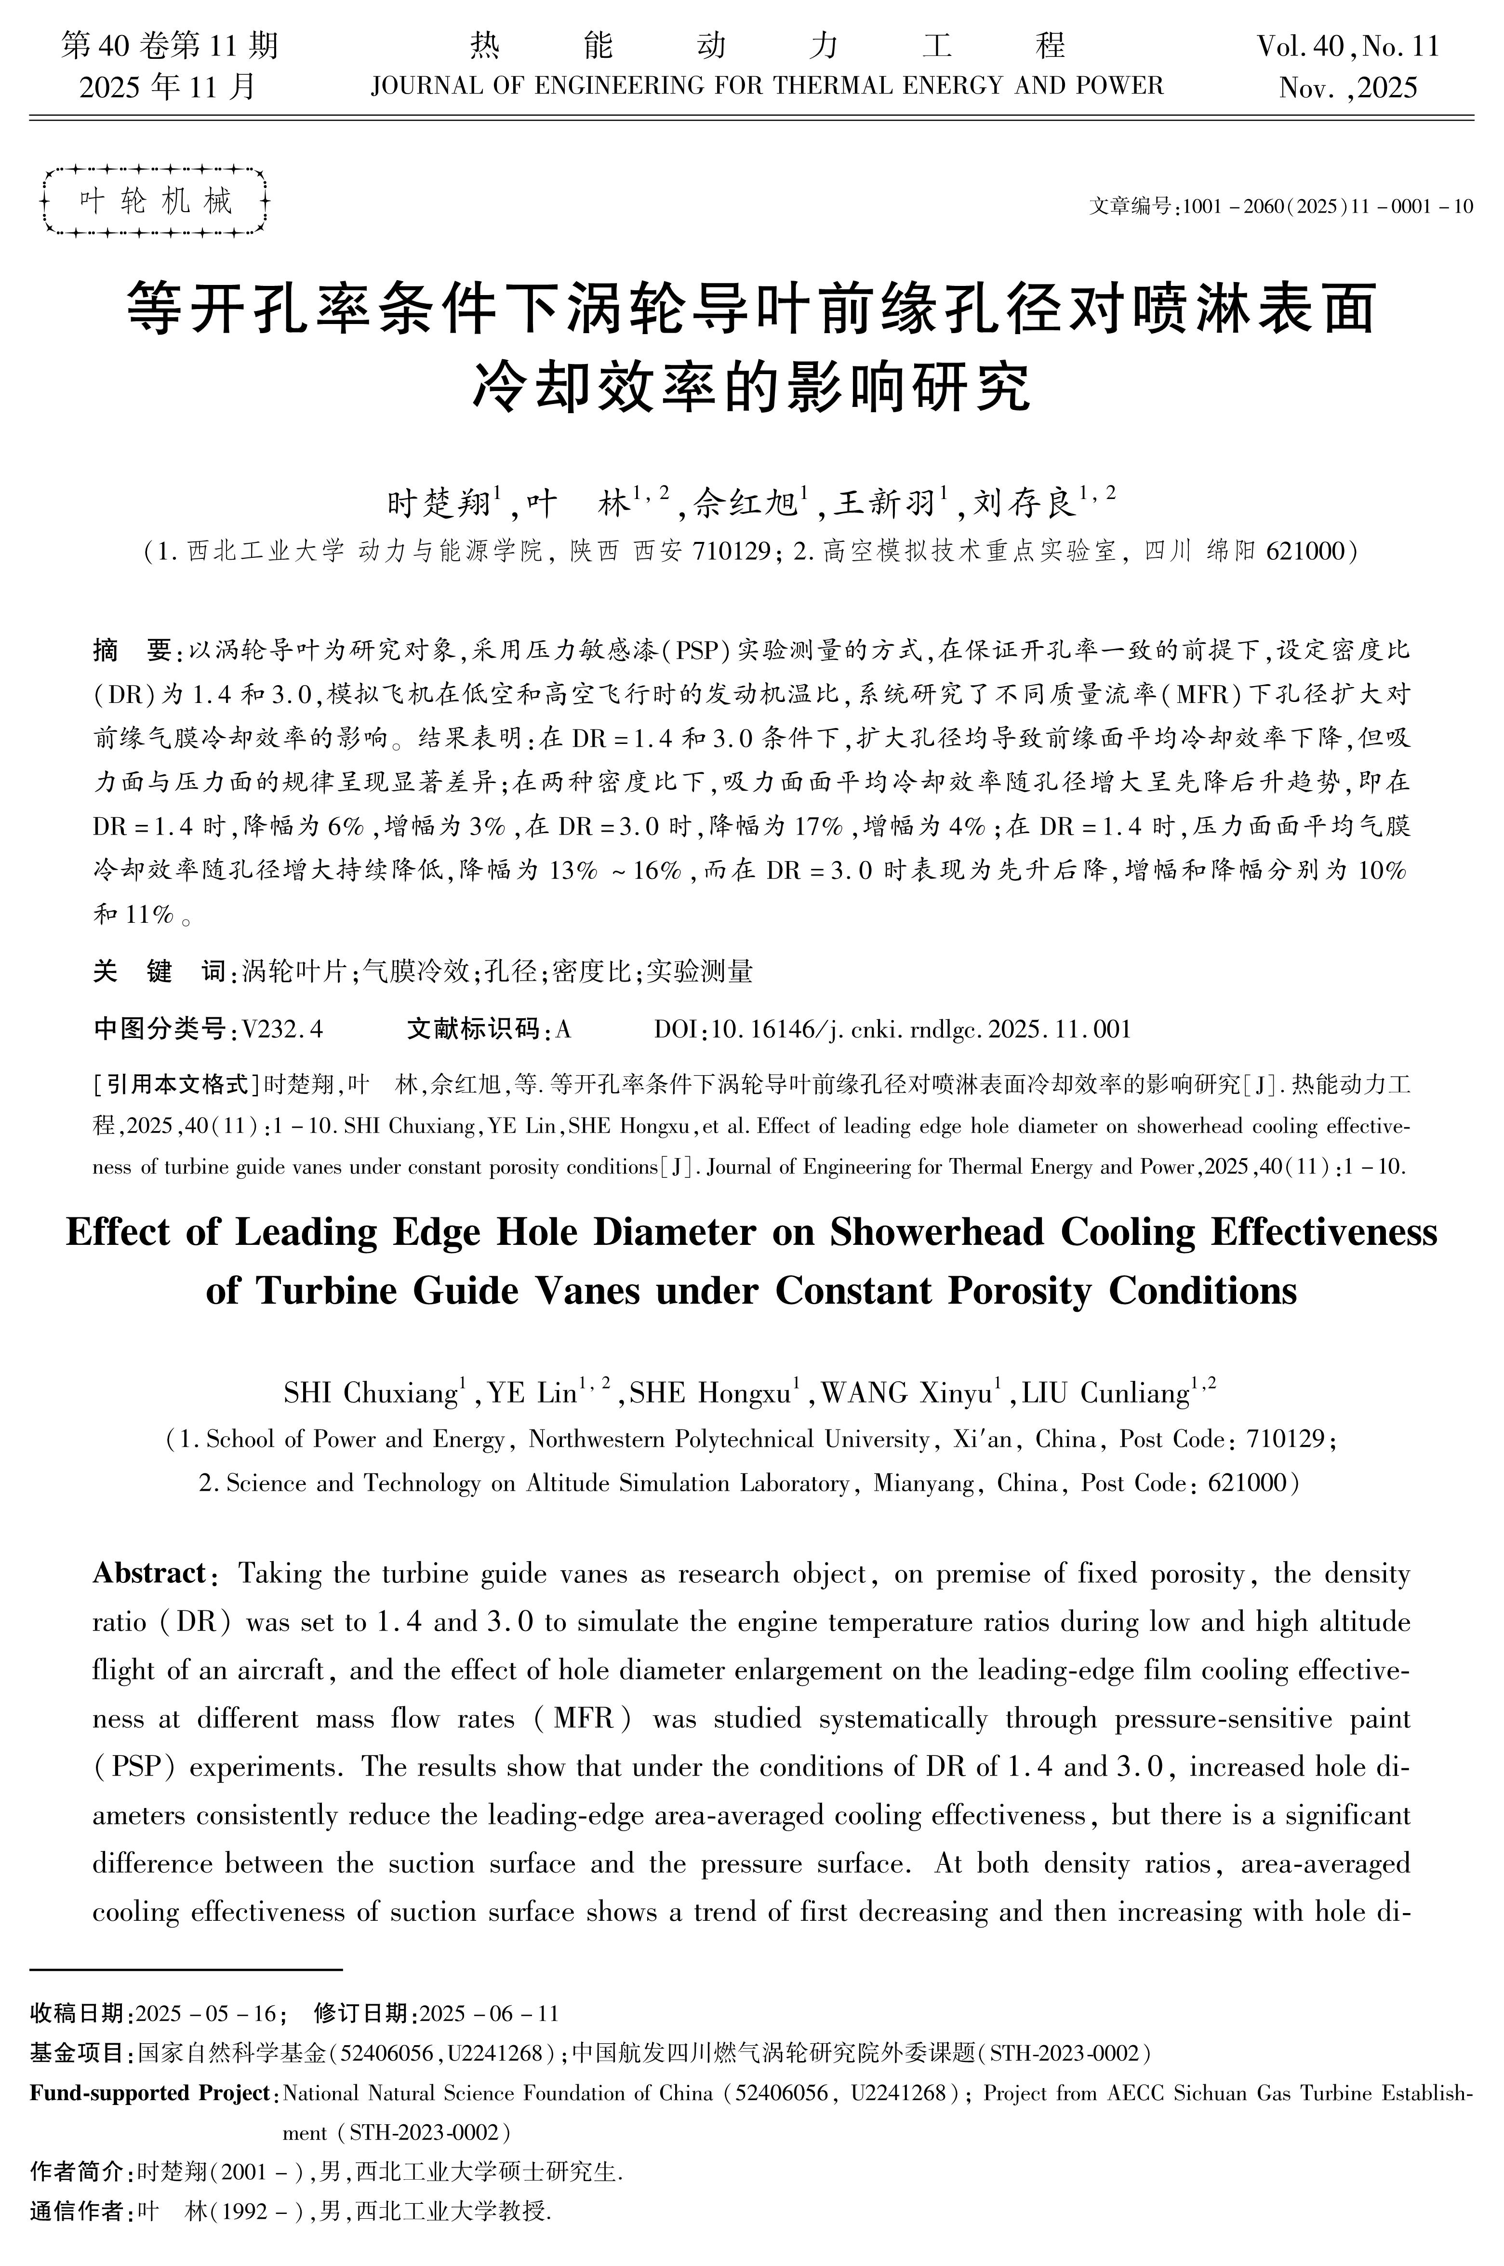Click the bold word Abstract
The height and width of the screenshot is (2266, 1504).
(149, 1573)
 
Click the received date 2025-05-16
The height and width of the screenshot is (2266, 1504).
(206, 2013)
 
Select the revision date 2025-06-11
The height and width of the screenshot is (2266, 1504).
(489, 2013)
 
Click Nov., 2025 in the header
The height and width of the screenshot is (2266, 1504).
(1348, 88)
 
